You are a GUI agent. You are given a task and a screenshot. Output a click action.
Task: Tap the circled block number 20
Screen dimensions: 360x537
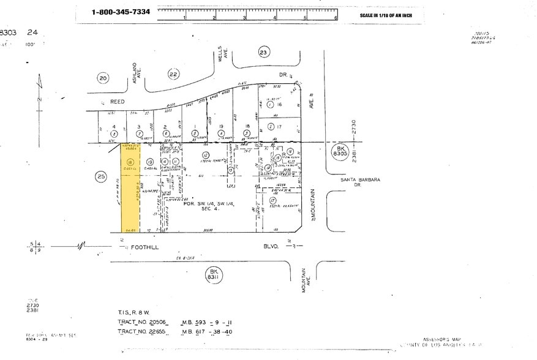tap(103, 78)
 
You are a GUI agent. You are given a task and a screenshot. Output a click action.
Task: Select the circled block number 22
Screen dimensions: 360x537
tap(173, 74)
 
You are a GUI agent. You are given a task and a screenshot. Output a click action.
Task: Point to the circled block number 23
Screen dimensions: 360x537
tap(263, 53)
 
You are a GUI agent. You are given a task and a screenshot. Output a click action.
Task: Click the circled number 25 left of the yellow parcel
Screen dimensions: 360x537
tap(102, 177)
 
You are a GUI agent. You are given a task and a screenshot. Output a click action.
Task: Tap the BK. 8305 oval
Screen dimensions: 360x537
tap(340, 151)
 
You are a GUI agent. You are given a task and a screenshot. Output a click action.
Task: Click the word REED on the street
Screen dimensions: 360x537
tap(117, 102)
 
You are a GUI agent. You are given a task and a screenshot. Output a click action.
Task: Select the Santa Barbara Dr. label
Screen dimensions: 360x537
tap(361, 182)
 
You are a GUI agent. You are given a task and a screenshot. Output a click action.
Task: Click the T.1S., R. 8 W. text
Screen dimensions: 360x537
tap(136, 311)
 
